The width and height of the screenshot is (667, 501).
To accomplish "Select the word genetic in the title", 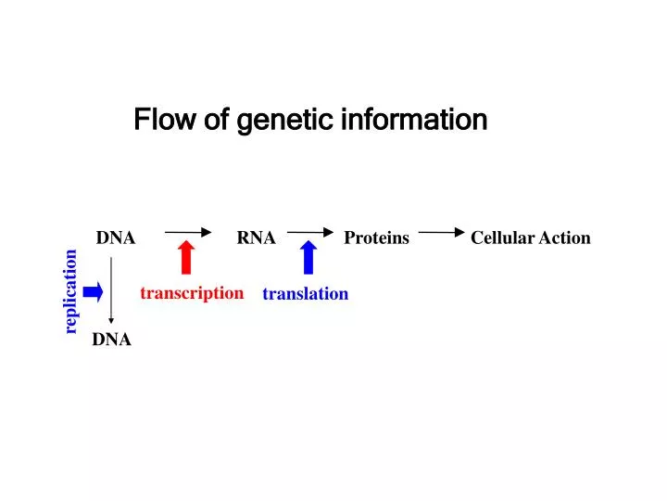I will pos(286,121).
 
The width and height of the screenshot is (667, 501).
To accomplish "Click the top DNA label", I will pos(116,238).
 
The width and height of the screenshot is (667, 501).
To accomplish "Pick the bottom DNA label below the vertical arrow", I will pos(111,340).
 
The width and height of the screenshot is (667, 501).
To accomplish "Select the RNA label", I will pos(256,238).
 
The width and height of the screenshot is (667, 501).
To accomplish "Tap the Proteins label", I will pos(376,238).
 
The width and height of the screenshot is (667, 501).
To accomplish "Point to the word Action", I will pos(565,238).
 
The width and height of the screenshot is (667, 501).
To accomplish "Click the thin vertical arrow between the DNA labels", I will pos(112,289).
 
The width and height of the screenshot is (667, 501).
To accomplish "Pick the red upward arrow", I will pos(186,257).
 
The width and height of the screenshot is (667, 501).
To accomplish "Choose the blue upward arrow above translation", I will pos(309,257).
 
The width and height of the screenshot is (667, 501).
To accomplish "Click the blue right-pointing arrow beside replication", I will pos(93,293).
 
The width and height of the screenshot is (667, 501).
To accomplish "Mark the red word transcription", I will pos(192,293).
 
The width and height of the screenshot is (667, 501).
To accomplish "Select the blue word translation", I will pos(305,294).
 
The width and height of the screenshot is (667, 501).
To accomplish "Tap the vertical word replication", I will pos(70,291).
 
